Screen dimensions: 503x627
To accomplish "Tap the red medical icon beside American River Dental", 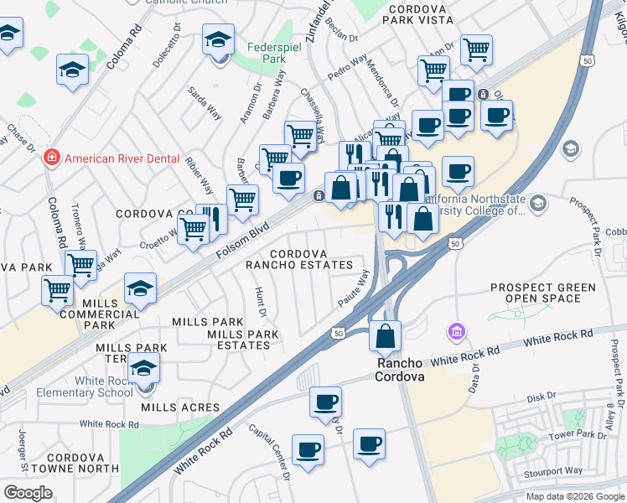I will click(x=51, y=158).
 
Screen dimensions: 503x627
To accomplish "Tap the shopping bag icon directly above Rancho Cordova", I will click(x=385, y=336).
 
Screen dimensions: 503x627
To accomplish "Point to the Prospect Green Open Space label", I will click(x=543, y=293).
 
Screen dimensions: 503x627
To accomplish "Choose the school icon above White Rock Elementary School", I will click(x=144, y=368).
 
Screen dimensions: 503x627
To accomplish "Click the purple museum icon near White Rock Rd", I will click(x=456, y=333).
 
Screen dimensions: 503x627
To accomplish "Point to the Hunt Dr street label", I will click(x=260, y=302).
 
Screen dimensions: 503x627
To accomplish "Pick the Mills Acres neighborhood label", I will click(x=180, y=407).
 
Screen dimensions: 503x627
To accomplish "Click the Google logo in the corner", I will click(x=28, y=492).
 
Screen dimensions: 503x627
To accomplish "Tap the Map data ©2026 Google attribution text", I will click(x=574, y=496).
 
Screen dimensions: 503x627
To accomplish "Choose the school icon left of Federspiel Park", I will click(x=218, y=42).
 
